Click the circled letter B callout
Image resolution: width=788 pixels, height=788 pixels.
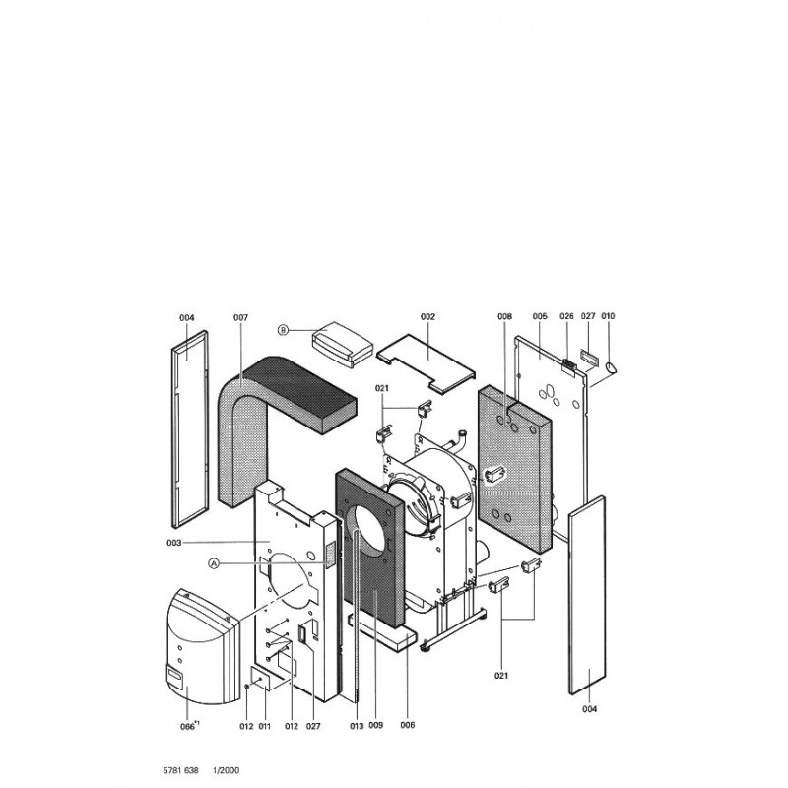[x=284, y=330]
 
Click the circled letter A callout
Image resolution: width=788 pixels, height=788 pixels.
[x=214, y=563]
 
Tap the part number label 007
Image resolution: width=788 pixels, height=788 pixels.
[x=240, y=317]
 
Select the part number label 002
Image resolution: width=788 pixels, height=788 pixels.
[x=428, y=316]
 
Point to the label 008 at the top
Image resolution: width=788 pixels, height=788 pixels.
[x=505, y=316]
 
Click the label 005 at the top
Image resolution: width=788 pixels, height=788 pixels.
[x=540, y=316]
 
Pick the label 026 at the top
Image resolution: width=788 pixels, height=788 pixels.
[x=567, y=316]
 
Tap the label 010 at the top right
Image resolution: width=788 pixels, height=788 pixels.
[x=608, y=316]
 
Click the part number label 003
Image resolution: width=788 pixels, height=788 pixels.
[x=174, y=543]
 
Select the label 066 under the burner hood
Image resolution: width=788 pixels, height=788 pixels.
[x=187, y=727]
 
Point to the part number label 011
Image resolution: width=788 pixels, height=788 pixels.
[x=264, y=726]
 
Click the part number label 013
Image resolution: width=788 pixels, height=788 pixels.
[x=357, y=726]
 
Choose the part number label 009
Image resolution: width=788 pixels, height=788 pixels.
[x=376, y=725]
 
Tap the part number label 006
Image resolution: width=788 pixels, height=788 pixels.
[x=408, y=725]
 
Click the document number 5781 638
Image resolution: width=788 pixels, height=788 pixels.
[x=181, y=770]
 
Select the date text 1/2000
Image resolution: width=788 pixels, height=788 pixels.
[x=227, y=770]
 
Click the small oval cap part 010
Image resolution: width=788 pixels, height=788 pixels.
[x=612, y=367]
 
